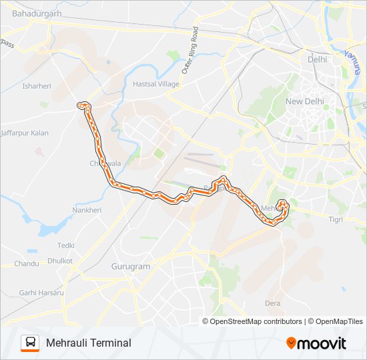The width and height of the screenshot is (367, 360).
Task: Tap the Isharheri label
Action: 37,86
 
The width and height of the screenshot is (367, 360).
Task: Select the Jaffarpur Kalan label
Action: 25,133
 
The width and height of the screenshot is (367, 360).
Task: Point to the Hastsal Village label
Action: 156,85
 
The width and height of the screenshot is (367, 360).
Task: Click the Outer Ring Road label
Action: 190,50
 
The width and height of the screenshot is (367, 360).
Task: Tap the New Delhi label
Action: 304,101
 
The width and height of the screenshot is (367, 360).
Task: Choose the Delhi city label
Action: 318,59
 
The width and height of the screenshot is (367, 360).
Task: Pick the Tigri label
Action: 336,219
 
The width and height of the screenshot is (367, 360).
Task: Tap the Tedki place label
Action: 65,245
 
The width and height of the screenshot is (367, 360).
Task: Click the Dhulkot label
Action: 59,261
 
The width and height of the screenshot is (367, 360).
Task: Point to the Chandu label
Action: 27,264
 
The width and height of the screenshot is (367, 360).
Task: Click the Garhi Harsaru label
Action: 41,293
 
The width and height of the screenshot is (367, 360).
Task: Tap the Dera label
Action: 272,303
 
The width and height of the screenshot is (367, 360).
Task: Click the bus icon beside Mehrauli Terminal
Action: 30,343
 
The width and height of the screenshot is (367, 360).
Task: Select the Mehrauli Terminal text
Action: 88,343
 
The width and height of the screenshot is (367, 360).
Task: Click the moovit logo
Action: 316,343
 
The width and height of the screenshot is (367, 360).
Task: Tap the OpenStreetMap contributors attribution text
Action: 256,321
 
